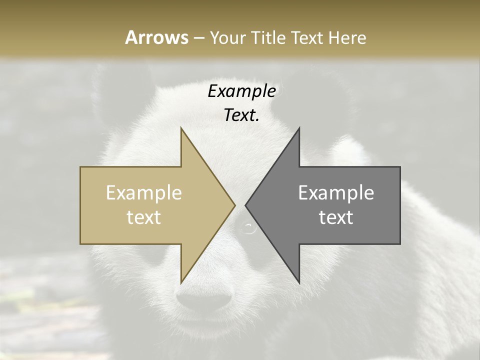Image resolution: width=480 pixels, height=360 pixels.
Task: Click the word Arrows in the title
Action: point(156,37)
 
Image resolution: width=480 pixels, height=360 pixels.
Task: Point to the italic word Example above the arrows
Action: point(241,91)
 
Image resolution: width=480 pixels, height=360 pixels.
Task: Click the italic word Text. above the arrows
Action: point(241,115)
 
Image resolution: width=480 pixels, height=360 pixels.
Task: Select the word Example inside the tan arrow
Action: point(144,193)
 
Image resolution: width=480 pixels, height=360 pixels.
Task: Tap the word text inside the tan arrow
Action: point(144,217)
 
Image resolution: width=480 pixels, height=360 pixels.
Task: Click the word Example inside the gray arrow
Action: point(336,193)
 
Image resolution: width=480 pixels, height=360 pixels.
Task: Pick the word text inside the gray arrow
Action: point(336,217)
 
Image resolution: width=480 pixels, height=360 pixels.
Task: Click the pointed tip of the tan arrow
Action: point(234,205)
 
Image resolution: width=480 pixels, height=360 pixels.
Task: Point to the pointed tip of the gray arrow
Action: point(245,205)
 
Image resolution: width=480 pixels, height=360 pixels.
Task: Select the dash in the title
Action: point(198,38)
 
